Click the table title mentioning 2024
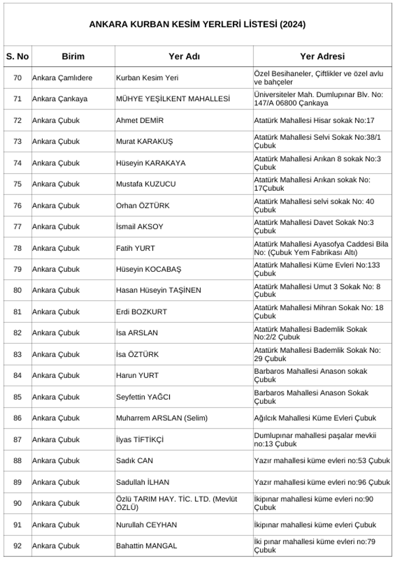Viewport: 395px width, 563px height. tap(197, 24)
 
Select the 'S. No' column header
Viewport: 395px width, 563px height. tap(17, 56)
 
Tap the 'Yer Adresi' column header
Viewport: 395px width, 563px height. tap(322, 56)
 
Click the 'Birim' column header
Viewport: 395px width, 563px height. tap(73, 56)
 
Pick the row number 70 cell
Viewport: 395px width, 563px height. tap(17, 78)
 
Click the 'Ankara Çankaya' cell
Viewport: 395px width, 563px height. tap(60, 99)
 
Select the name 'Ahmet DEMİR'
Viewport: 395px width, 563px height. tap(140, 120)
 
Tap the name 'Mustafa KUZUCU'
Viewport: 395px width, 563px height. tap(146, 184)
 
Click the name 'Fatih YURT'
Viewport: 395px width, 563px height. tap(135, 248)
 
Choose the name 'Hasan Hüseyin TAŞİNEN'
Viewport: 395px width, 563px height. tap(158, 291)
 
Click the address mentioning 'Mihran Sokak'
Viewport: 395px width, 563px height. tap(318, 312)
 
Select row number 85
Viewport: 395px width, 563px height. tap(17, 397)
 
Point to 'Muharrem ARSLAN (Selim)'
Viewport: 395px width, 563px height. tap(161, 418)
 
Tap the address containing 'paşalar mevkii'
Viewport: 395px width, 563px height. tap(315, 440)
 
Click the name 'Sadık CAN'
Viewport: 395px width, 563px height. tap(134, 461)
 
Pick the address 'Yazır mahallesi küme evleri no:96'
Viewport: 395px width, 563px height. tap(322, 482)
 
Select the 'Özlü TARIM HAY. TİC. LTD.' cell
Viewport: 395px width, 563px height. tap(176, 503)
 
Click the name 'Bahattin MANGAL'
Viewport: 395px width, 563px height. tap(146, 546)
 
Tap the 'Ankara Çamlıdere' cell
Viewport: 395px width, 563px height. tap(62, 78)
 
